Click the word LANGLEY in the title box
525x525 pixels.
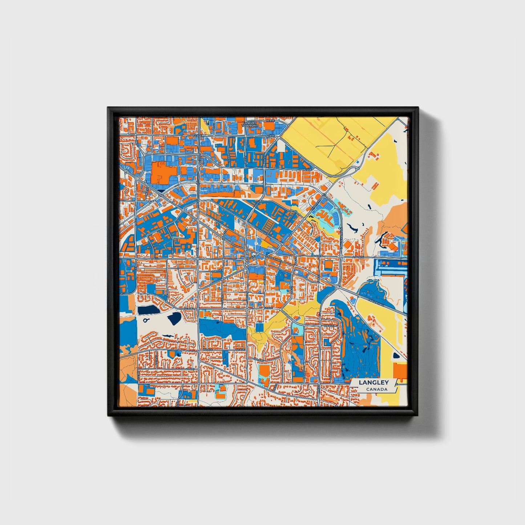[373, 383]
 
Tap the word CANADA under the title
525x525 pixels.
[376, 389]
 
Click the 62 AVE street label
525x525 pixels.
[308, 170]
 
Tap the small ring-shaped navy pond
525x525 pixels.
[146, 320]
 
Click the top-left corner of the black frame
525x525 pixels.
[108, 108]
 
